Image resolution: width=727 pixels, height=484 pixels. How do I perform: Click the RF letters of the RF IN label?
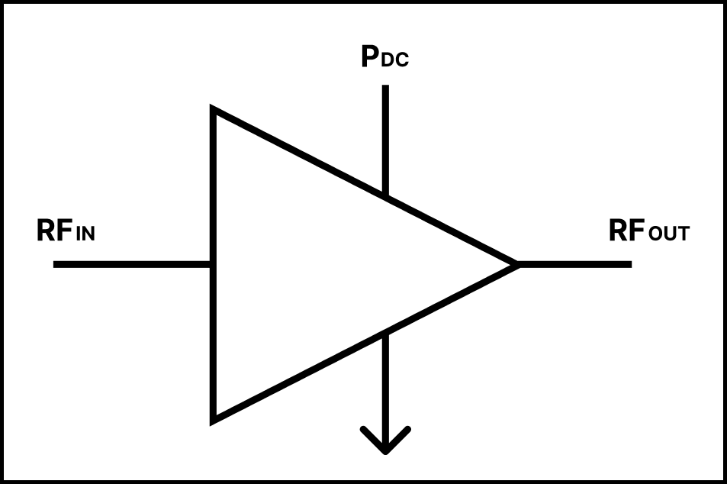55,231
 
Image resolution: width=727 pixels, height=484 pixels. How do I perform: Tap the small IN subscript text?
85,234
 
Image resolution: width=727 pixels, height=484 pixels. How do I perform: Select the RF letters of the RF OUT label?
627,231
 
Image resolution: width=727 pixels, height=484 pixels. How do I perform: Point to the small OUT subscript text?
670,233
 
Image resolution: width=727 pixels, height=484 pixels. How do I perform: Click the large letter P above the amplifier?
370,56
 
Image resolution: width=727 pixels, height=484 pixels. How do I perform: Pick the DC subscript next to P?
395,60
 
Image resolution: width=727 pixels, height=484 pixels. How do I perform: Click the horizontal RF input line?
132,264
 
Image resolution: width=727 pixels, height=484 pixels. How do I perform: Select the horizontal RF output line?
574,264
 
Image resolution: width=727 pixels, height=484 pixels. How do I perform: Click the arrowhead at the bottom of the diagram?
385,440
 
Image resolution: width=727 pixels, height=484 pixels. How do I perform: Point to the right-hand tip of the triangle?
518,264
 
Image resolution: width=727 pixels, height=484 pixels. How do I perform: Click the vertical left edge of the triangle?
214,264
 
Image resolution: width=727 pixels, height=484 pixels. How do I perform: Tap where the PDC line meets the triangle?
385,196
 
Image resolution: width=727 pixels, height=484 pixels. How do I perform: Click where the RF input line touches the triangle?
211,264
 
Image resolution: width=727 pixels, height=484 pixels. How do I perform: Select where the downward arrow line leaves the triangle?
385,334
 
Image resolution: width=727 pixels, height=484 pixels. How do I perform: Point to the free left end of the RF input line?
54,264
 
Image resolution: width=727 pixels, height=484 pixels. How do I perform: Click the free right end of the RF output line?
632,264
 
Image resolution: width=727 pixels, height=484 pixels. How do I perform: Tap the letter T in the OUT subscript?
684,234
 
